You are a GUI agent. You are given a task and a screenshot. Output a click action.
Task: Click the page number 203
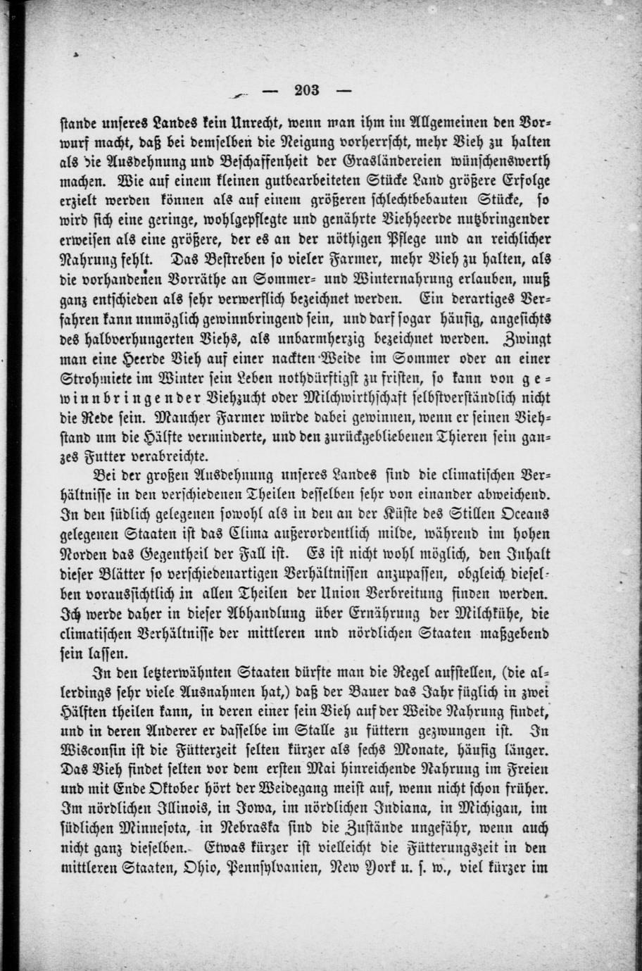pos(308,89)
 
